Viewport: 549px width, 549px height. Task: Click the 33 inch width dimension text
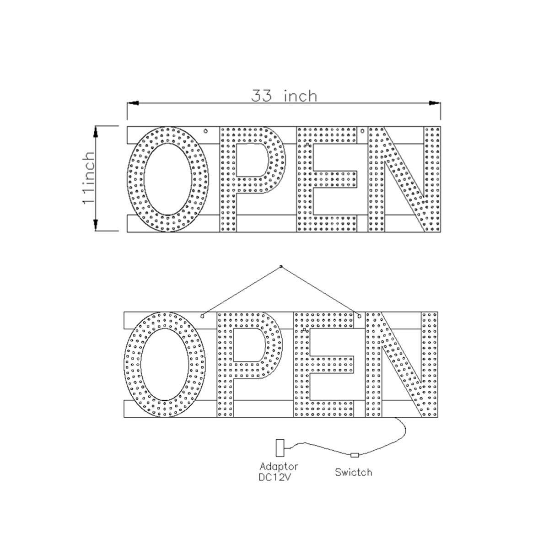(x=284, y=96)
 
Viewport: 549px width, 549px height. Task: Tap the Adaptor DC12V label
(x=279, y=471)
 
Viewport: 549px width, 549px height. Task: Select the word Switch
(x=353, y=472)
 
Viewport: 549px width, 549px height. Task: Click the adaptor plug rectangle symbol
(x=280, y=447)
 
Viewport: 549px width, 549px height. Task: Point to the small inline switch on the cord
(x=355, y=455)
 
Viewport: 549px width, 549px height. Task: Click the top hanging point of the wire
(x=281, y=266)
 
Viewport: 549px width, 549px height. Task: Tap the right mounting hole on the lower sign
(x=360, y=316)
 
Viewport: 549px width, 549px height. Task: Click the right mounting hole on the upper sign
(x=362, y=130)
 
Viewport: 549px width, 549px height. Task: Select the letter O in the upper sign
(x=167, y=179)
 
